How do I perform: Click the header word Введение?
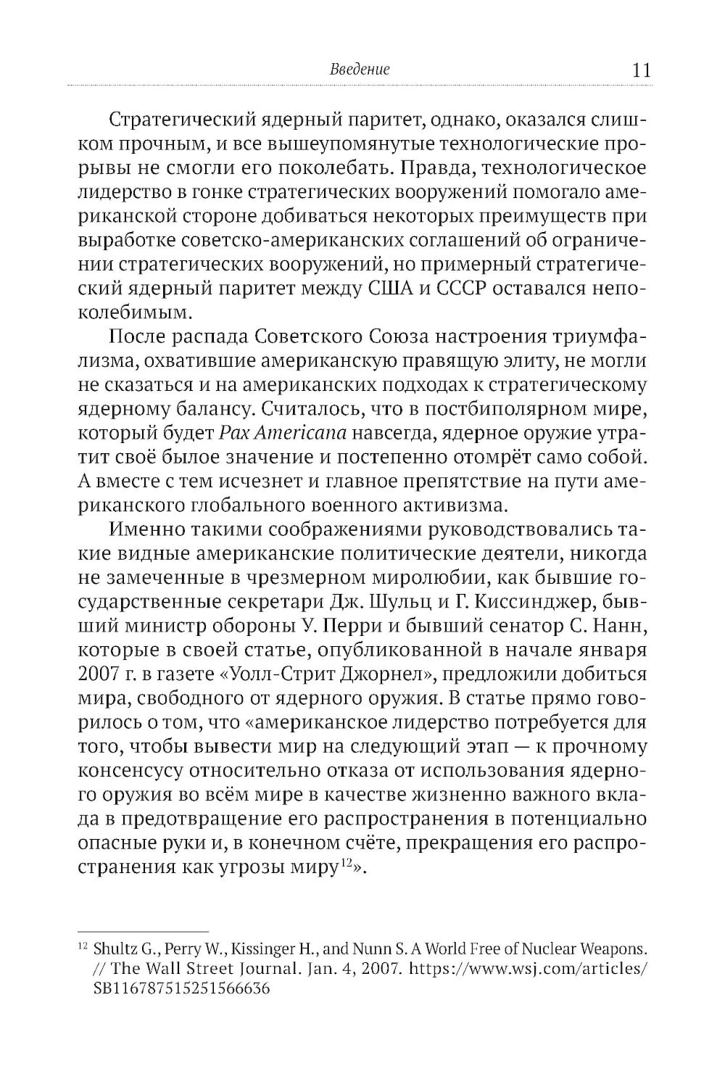coord(360,70)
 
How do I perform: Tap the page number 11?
coord(641,70)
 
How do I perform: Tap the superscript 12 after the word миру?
coord(345,863)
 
